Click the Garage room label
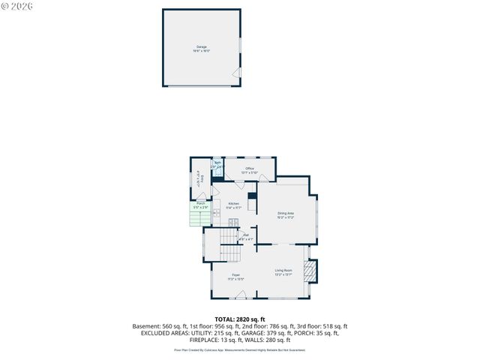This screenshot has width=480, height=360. pyautogui.click(x=202, y=47)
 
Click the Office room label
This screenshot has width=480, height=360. pyautogui.click(x=249, y=169)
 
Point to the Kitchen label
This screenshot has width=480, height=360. pyautogui.click(x=234, y=204)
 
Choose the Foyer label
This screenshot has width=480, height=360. pyautogui.click(x=235, y=276)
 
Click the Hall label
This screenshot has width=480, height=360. pyautogui.click(x=245, y=236)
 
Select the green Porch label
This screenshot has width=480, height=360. pyautogui.click(x=201, y=205)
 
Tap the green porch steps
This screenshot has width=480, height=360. pyautogui.click(x=197, y=218)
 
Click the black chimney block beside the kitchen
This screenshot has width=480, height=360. pyautogui.click(x=253, y=201)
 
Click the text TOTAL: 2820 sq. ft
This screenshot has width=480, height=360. pyautogui.click(x=240, y=319)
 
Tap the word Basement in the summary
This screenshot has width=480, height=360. pyautogui.click(x=146, y=326)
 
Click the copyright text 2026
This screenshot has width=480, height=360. pyautogui.click(x=20, y=7)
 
